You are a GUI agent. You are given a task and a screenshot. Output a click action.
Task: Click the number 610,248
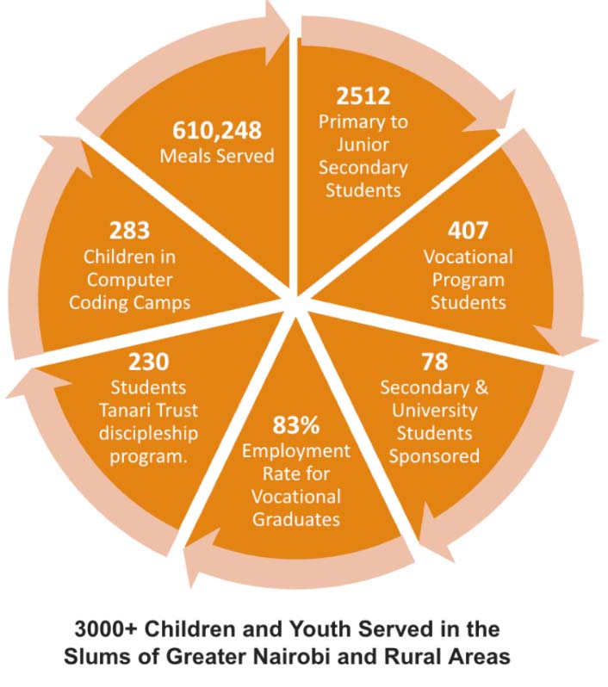pos(217,130)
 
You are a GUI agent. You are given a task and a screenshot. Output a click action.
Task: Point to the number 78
pos(434,361)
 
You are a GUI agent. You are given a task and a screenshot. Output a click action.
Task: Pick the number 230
pos(150,361)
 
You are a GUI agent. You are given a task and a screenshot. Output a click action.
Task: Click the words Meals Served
pos(217,156)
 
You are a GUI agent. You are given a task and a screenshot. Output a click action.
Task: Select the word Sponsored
pos(434,456)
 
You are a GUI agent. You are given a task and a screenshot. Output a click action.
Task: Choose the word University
pos(434,410)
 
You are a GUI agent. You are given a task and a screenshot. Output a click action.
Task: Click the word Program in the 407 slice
pos(468,279)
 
